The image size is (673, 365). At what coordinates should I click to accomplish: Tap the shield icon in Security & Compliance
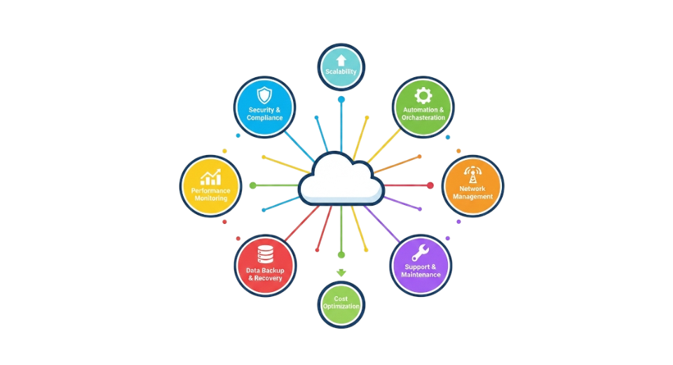[x=264, y=95]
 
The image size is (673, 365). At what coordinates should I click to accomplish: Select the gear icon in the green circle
[x=423, y=95]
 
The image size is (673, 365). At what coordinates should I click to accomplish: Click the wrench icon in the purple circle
[x=421, y=252]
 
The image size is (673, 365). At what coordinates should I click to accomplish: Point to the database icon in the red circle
[x=265, y=253]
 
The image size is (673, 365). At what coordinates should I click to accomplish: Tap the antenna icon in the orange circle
[x=473, y=173]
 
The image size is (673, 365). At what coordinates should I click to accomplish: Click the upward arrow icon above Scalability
[x=341, y=60]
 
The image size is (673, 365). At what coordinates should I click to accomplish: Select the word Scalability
[x=341, y=72]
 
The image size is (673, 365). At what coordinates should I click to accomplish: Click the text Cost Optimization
[x=341, y=303]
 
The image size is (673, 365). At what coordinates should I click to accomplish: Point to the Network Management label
[x=473, y=192]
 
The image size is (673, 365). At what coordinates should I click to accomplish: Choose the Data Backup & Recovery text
[x=265, y=274]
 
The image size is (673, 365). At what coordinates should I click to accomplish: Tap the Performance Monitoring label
[x=211, y=194]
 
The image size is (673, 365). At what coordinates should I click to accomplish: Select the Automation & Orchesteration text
[x=423, y=114]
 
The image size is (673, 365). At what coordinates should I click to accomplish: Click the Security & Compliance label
[x=265, y=114]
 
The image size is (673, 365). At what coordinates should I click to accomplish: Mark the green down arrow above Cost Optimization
[x=341, y=272]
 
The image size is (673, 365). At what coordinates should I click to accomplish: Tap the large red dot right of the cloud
[x=430, y=185]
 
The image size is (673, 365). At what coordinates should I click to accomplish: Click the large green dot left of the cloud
[x=252, y=185]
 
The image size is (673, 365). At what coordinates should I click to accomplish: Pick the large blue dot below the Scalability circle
[x=341, y=100]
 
